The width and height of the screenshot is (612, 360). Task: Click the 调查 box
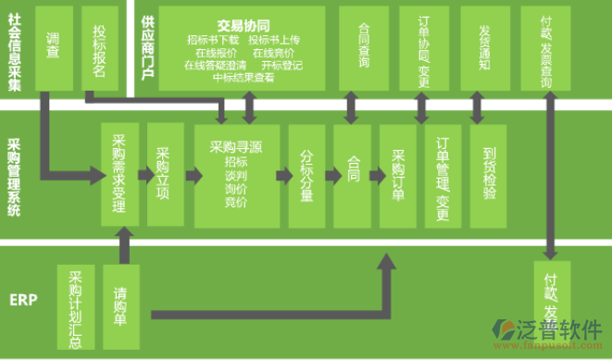(53, 46)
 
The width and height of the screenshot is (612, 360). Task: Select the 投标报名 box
(99, 46)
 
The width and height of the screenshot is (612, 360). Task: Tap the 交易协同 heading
(243, 26)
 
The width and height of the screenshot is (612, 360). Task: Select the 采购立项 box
(164, 173)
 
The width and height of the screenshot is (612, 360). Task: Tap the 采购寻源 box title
(236, 146)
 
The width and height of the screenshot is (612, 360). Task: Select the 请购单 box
(120, 305)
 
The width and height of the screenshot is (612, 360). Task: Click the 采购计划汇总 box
(76, 307)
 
